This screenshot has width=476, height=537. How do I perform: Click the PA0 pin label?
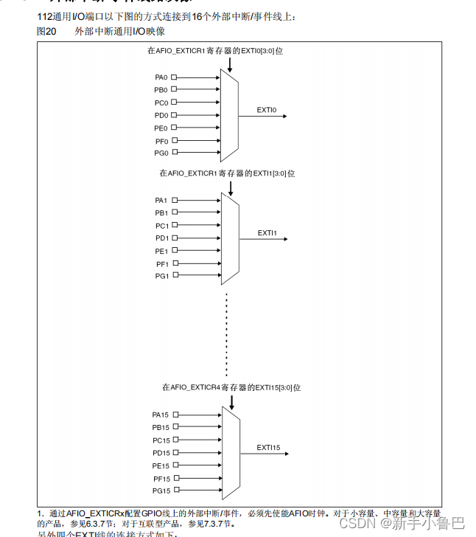click(x=161, y=77)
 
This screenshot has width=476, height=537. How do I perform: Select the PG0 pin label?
click(x=161, y=153)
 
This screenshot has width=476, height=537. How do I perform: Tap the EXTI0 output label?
click(x=266, y=110)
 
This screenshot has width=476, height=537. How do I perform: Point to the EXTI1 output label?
click(x=267, y=233)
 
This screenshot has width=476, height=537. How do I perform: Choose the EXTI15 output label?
click(x=268, y=447)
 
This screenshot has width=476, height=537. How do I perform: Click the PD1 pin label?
click(x=161, y=238)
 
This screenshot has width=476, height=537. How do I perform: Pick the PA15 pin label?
click(x=161, y=415)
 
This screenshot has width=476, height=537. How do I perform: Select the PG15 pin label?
click(x=161, y=491)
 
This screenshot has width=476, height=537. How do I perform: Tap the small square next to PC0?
click(x=174, y=103)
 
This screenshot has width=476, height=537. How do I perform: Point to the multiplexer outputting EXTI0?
click(x=229, y=115)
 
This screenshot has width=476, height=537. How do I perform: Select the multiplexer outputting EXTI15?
click(x=231, y=452)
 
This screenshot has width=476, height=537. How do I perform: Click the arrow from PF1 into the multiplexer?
click(x=198, y=263)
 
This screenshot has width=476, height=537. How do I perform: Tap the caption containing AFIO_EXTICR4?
click(x=231, y=387)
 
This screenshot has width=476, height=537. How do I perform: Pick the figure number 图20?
click(x=46, y=32)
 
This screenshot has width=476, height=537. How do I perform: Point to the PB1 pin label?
click(x=161, y=213)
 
